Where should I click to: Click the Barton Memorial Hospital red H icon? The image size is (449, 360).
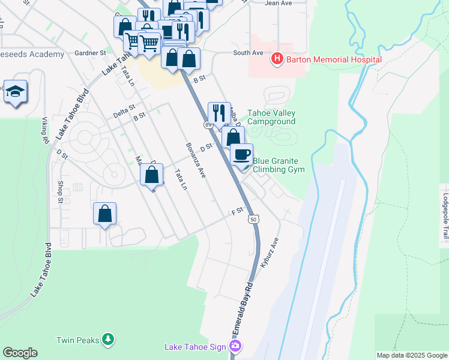[x=277, y=59]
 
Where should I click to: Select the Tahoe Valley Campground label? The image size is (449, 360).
[x=271, y=116]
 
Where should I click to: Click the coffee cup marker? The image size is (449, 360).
[x=242, y=155]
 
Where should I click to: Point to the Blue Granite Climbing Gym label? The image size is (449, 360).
[x=279, y=165]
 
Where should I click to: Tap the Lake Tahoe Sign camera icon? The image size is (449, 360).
[x=236, y=346]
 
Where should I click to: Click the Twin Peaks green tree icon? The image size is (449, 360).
[x=108, y=340]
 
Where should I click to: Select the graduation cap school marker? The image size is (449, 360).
[x=15, y=91]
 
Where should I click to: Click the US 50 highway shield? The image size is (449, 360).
[x=254, y=220]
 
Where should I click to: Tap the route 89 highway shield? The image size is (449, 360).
[x=207, y=124]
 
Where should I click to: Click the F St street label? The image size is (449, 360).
[x=237, y=211]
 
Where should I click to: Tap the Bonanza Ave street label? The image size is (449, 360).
[x=196, y=160]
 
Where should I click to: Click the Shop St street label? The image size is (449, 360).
[x=61, y=191]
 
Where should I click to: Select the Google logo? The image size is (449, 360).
[x=20, y=353]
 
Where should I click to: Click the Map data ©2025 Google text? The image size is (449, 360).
[x=411, y=355]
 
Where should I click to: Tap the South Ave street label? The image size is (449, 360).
[x=248, y=53]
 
